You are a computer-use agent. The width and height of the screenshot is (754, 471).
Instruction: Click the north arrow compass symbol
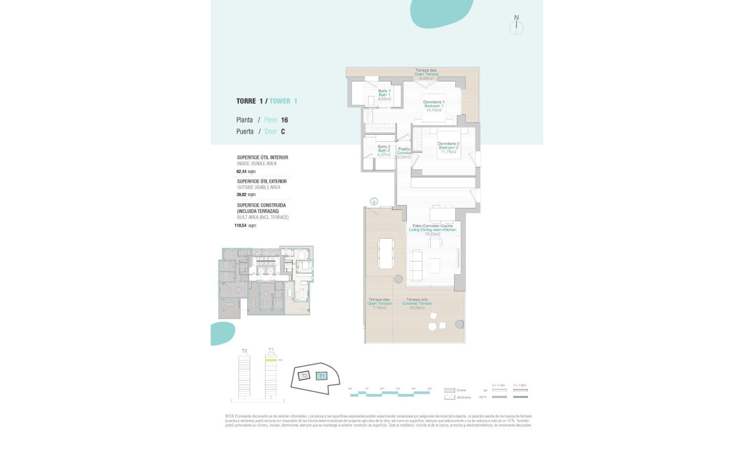click(516, 27)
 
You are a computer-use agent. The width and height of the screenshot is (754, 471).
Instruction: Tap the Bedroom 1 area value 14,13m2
click(433, 110)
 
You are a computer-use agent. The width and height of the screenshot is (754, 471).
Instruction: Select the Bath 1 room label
click(384, 95)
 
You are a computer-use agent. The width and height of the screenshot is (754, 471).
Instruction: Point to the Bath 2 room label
click(384, 151)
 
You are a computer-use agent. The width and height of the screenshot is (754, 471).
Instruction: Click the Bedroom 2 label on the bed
click(449, 147)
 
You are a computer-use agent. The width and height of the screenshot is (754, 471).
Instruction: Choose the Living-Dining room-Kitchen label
click(432, 229)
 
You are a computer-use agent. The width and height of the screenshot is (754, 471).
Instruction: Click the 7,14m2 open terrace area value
click(379, 308)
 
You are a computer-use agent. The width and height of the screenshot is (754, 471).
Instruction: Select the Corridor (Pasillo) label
click(404, 153)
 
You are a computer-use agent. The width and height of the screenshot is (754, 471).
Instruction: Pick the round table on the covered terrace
click(432, 327)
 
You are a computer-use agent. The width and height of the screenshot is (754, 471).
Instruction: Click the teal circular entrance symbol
click(374, 201)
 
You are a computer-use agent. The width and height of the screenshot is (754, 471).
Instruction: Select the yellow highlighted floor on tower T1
click(271, 360)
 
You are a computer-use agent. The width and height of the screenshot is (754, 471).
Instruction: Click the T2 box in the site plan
click(303, 376)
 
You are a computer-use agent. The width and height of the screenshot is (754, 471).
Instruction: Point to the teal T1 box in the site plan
click(322, 376)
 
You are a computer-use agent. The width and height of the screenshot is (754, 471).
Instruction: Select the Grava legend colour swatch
click(450, 390)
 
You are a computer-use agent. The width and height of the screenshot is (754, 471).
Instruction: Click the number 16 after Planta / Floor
click(284, 120)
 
